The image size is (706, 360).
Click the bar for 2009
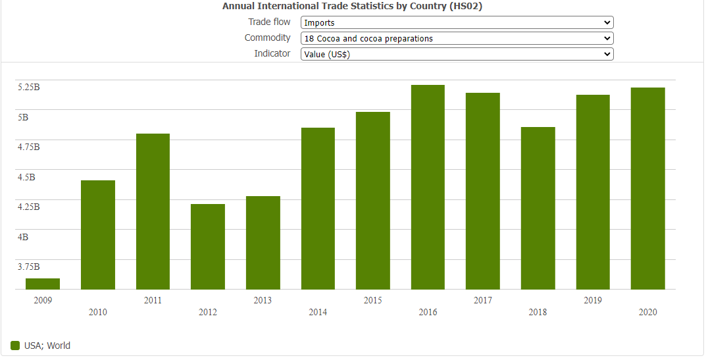43,284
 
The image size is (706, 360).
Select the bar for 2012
208,247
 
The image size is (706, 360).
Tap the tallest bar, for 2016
428,188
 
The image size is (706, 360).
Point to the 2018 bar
538,208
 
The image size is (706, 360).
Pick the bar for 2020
647,189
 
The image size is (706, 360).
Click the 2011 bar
153,211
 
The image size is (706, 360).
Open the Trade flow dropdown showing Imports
457,22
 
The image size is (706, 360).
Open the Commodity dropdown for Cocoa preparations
457,38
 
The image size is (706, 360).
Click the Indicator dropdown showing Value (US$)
457,54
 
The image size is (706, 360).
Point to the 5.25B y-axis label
29,87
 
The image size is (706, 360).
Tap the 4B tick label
23,237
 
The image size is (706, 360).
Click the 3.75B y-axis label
29,267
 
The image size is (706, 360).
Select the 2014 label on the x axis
318,312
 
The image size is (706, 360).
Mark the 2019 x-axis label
593,300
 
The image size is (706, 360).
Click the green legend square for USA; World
15,346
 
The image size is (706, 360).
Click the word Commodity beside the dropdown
267,38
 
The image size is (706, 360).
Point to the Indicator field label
272,53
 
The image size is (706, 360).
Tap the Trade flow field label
269,22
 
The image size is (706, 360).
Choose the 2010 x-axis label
98,312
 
